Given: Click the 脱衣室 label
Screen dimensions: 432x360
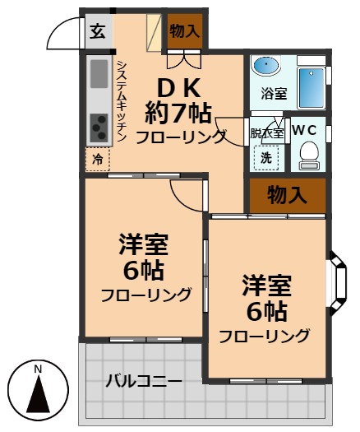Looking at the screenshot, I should tap(266, 132).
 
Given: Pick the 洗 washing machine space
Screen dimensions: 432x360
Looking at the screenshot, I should tap(266, 156).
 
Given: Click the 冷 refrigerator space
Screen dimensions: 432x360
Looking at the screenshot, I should tap(98, 159).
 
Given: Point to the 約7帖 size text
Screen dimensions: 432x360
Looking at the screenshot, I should tap(178, 111).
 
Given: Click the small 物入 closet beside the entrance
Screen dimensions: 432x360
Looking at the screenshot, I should tap(183, 31).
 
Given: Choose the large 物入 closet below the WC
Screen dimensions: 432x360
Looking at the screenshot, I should tap(287, 195).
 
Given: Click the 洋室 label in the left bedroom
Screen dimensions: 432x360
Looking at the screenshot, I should tap(144, 245).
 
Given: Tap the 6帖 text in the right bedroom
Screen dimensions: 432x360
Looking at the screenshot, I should tap(267, 311).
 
